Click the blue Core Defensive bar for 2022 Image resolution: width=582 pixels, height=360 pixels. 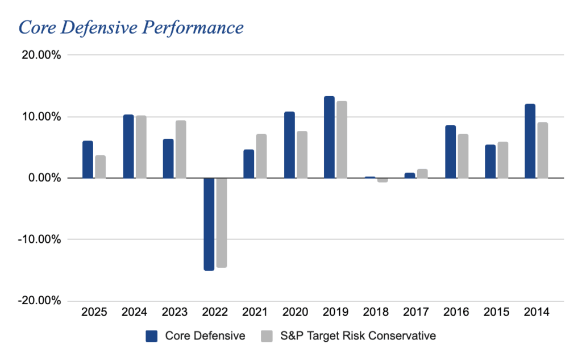pyautogui.click(x=209, y=224)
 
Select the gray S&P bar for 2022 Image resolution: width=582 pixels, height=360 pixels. pyautogui.click(x=221, y=222)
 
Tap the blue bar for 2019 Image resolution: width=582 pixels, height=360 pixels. pyautogui.click(x=329, y=137)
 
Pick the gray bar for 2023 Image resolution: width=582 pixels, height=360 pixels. pyautogui.click(x=181, y=149)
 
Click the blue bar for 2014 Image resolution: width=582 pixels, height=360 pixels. pyautogui.click(x=530, y=141)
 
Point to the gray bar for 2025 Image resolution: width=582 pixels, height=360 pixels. pyautogui.click(x=100, y=167)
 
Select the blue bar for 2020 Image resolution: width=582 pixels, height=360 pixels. pyautogui.click(x=289, y=145)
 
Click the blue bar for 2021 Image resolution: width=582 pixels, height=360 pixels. pyautogui.click(x=248, y=164)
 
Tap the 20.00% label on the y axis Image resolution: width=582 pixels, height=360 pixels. pyautogui.click(x=40, y=55)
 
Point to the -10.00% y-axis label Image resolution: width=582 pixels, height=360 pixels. pyautogui.click(x=39, y=239)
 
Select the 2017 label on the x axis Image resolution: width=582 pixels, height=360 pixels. pyautogui.click(x=415, y=312)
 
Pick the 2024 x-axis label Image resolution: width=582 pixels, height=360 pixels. pyautogui.click(x=134, y=312)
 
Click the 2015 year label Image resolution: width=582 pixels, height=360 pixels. pyautogui.click(x=496, y=312)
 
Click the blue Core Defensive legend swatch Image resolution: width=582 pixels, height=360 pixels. pyautogui.click(x=152, y=336)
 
